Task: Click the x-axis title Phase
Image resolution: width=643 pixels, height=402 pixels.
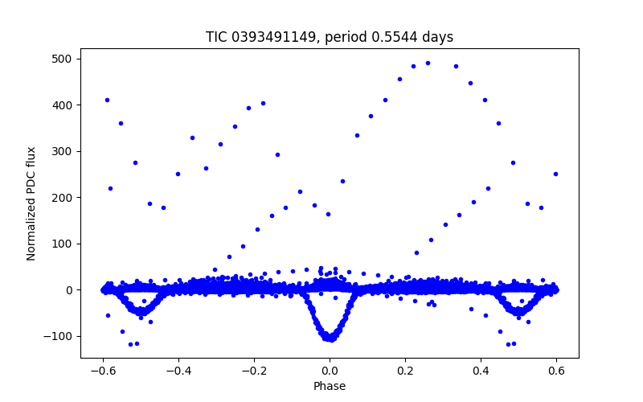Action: [330, 386]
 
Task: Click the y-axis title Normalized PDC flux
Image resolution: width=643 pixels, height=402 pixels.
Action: [31, 203]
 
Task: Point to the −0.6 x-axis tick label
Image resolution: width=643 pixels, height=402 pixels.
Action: [103, 372]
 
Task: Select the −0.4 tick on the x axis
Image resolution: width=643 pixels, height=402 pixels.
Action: [178, 372]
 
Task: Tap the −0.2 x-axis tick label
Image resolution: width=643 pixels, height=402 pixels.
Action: [254, 372]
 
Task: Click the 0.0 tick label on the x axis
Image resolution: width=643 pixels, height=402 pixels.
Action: [330, 372]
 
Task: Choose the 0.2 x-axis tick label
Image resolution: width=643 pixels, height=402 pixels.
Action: [405, 372]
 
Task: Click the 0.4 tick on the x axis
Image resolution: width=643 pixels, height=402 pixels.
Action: [481, 372]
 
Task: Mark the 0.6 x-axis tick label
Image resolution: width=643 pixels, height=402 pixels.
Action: [556, 372]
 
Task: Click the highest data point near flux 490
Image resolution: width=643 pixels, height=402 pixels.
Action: [428, 63]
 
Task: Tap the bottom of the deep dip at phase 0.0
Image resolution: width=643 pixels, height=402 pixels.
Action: [330, 339]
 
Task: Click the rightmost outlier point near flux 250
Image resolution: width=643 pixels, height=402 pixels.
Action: [555, 174]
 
